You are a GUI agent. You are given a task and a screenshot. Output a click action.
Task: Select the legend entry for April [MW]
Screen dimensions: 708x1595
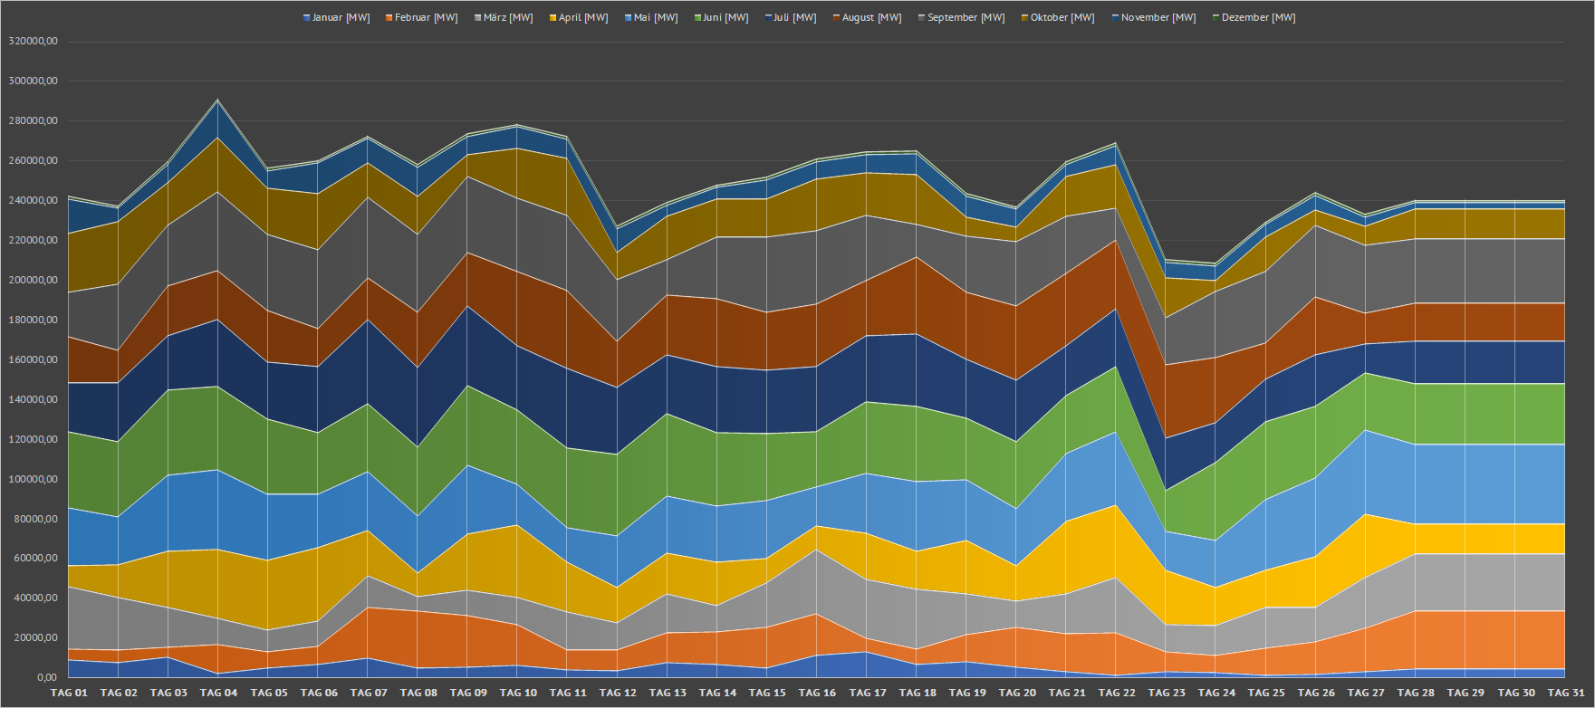pos(582,18)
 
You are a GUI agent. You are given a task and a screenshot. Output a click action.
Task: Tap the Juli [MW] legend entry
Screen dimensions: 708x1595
pos(794,18)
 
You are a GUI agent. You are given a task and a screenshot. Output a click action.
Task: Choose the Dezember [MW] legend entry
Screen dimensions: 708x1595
pos(1257,18)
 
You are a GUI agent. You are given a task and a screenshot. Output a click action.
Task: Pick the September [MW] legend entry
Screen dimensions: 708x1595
pos(966,18)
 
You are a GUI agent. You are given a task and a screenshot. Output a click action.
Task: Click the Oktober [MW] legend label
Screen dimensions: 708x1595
pos(1062,18)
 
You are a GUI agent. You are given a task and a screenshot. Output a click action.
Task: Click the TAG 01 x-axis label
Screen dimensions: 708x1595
pos(69,694)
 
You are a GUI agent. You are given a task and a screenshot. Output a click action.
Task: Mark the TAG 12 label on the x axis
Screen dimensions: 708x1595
pos(618,694)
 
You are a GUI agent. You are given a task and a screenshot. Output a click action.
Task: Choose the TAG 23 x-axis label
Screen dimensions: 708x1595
pos(1167,694)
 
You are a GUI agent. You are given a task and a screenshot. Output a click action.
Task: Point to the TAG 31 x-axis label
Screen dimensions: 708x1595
pos(1565,694)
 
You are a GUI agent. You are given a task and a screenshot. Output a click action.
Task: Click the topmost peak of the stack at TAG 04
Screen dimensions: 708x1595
pos(217,100)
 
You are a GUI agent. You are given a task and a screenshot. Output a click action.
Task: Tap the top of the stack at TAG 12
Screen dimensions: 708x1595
pos(618,226)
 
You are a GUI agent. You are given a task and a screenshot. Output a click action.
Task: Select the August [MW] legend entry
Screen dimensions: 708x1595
pos(871,18)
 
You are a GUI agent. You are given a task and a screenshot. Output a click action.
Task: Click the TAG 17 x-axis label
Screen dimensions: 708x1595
pos(867,694)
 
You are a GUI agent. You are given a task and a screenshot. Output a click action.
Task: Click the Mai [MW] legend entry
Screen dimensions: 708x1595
pos(656,18)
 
